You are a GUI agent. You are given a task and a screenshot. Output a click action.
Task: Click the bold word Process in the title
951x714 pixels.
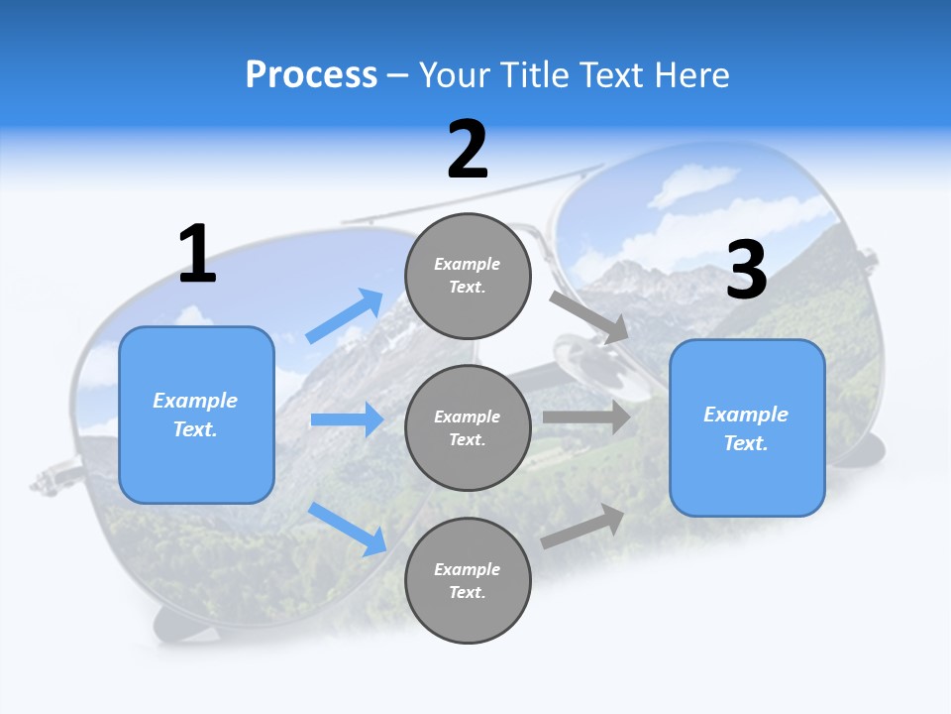pyautogui.click(x=311, y=74)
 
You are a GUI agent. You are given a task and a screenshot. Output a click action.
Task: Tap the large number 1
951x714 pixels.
pyautogui.click(x=197, y=254)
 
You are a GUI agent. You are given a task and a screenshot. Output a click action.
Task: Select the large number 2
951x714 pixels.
pyautogui.click(x=468, y=150)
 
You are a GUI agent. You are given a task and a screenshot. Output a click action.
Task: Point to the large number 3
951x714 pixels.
pyautogui.click(x=746, y=270)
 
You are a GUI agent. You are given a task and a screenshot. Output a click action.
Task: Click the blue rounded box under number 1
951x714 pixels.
pyautogui.click(x=196, y=415)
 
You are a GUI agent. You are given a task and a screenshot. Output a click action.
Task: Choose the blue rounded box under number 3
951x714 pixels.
pyautogui.click(x=747, y=427)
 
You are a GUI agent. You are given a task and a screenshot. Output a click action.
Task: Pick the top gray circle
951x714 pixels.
pyautogui.click(x=468, y=276)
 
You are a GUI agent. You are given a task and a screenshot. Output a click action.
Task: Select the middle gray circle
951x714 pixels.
pyautogui.click(x=468, y=427)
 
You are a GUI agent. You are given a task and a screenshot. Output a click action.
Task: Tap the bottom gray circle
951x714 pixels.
pyautogui.click(x=468, y=580)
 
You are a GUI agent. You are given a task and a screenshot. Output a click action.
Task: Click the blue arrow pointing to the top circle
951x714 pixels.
pyautogui.click(x=345, y=316)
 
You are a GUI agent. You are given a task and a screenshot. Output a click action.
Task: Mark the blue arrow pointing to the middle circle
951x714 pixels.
pyautogui.click(x=347, y=419)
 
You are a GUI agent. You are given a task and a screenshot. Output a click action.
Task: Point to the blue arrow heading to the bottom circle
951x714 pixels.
pyautogui.click(x=348, y=529)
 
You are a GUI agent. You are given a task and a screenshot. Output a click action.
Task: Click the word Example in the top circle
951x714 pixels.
pyautogui.click(x=468, y=264)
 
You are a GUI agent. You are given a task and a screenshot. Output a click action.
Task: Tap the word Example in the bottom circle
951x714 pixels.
pyautogui.click(x=468, y=569)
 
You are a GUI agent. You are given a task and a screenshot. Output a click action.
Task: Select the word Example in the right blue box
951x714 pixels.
pyautogui.click(x=746, y=415)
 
